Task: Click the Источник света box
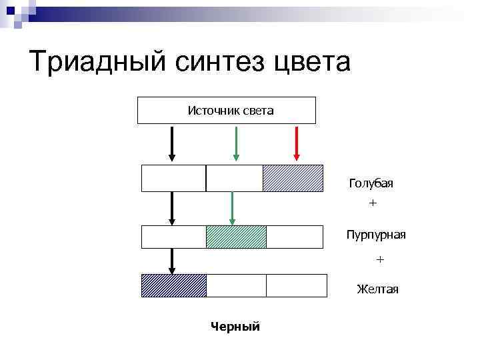[x=227, y=111]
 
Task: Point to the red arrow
[x=297, y=143]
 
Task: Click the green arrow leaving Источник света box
[x=235, y=143]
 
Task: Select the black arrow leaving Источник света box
[x=172, y=143]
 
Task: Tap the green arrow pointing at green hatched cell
[x=232, y=208]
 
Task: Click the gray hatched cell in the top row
[x=293, y=178]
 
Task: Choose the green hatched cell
[x=236, y=237]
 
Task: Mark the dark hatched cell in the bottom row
[x=174, y=285]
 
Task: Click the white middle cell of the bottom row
[x=236, y=285]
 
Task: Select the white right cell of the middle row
[x=297, y=237]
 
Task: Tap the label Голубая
[x=371, y=183]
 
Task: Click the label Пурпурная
[x=376, y=235]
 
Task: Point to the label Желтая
[x=377, y=289]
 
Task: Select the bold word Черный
[x=235, y=326]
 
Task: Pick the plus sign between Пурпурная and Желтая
[x=380, y=258]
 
